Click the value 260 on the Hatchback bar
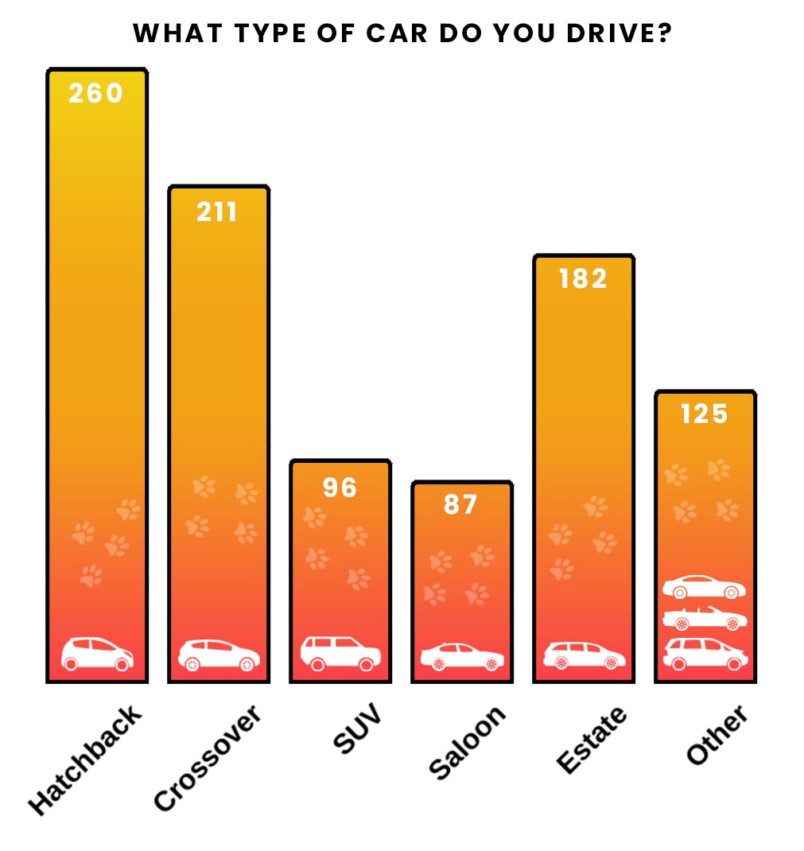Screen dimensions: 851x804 pos(96,93)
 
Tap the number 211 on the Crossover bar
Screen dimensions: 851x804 pos(217,212)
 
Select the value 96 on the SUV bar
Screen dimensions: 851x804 pos(340,487)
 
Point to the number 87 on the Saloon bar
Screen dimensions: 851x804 pos(460,504)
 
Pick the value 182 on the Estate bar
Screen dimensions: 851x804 pos(583,278)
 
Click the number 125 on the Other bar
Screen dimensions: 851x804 pos(705,414)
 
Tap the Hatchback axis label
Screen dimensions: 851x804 pos(85,759)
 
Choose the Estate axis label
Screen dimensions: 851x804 pos(591,739)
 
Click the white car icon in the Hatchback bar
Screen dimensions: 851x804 pos(97,653)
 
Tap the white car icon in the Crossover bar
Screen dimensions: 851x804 pos(219,655)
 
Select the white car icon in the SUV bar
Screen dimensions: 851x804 pos(340,653)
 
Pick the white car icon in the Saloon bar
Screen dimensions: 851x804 pos(462,656)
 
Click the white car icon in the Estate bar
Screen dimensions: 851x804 pos(585,655)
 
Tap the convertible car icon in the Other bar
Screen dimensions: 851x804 pos(705,617)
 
